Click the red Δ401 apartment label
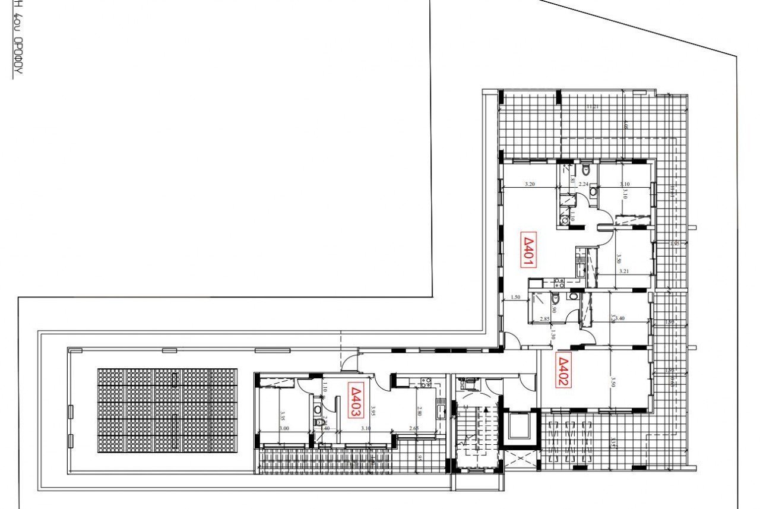pos(528,249)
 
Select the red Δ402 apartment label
pos(562,371)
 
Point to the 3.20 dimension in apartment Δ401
pos(530,185)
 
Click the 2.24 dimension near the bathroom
pos(583,185)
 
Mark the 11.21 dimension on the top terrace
pos(591,107)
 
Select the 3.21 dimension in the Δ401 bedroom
pos(624,271)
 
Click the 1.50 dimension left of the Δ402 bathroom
pos(515,297)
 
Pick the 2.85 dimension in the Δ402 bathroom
pos(544,320)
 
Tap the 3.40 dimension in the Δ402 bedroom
pos(620,319)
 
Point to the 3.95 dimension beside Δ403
pos(373,411)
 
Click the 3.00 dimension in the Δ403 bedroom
pos(284,428)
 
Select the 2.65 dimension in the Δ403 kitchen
pos(413,428)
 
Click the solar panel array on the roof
pos(167,410)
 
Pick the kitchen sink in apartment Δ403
pos(440,409)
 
